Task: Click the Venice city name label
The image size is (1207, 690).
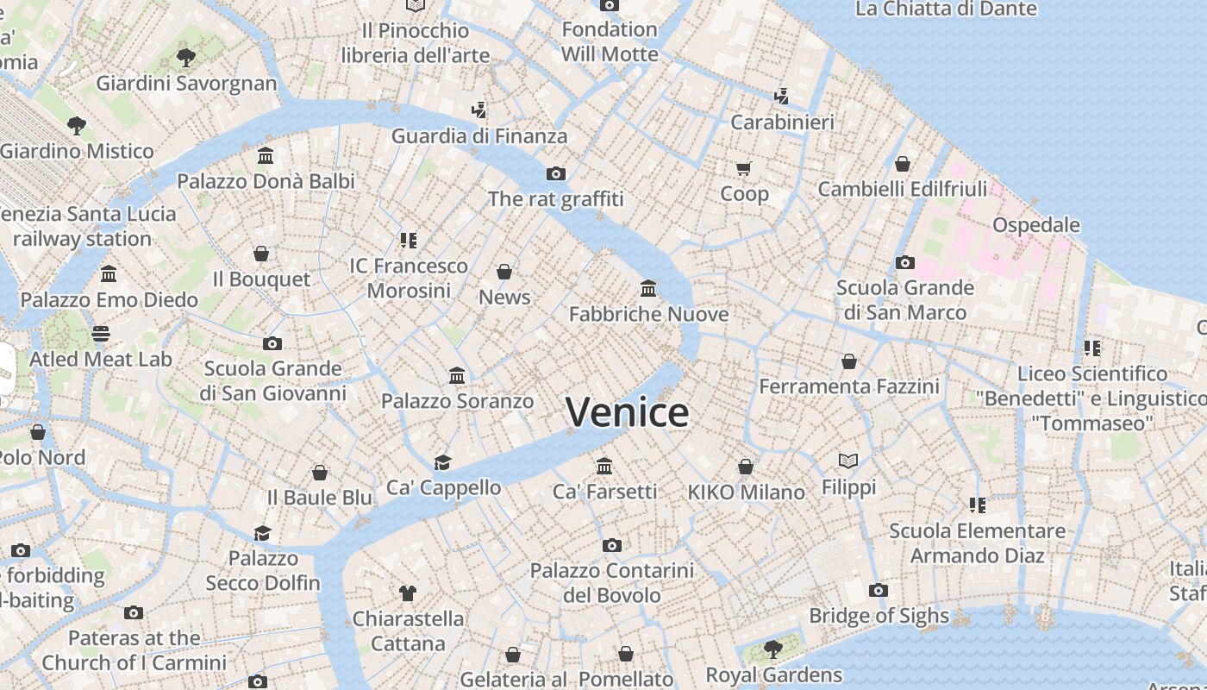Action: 627,412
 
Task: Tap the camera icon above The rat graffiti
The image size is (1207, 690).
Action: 556,173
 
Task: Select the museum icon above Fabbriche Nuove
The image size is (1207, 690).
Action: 648,288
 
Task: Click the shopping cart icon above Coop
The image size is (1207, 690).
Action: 744,167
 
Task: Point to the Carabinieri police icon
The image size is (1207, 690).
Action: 782,96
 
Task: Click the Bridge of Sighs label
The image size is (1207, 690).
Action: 879,616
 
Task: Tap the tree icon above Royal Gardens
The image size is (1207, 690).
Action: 773,649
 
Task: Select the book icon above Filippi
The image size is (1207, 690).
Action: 848,461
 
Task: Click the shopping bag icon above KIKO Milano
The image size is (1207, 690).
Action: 746,467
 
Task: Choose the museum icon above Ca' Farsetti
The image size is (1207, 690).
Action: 604,466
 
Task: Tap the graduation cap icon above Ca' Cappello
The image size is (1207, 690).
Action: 443,462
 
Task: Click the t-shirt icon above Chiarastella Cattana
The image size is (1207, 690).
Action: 408,593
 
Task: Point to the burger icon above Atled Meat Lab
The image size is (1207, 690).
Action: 101,333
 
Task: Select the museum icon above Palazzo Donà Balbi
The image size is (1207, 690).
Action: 266,156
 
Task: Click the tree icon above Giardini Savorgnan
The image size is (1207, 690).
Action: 185,58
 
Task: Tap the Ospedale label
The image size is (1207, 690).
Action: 1035,225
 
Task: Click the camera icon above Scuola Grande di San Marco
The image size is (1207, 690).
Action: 904,262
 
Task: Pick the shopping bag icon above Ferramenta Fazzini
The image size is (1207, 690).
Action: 849,361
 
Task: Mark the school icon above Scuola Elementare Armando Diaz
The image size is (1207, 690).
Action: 977,505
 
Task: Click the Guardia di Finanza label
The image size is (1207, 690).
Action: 479,136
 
